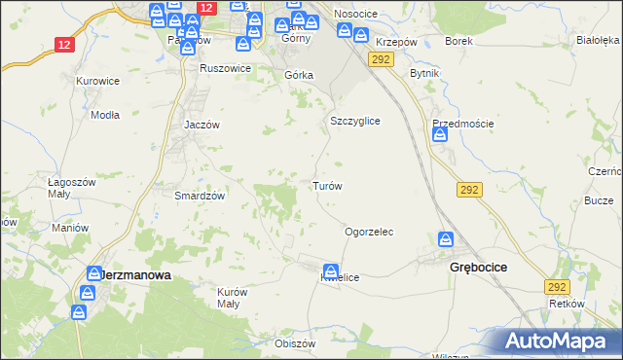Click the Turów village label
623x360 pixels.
click(326, 185)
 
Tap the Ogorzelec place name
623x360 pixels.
click(369, 232)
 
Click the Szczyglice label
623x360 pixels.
click(354, 121)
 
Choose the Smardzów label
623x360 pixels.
click(200, 195)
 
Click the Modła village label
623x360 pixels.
click(104, 114)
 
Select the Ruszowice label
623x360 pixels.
click(225, 69)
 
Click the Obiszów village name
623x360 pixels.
click(296, 343)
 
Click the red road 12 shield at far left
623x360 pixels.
click(64, 45)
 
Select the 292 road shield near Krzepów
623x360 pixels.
click(380, 60)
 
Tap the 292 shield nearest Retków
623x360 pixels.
click(557, 287)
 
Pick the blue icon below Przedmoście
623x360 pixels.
click(440, 137)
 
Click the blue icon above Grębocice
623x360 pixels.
click(447, 239)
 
